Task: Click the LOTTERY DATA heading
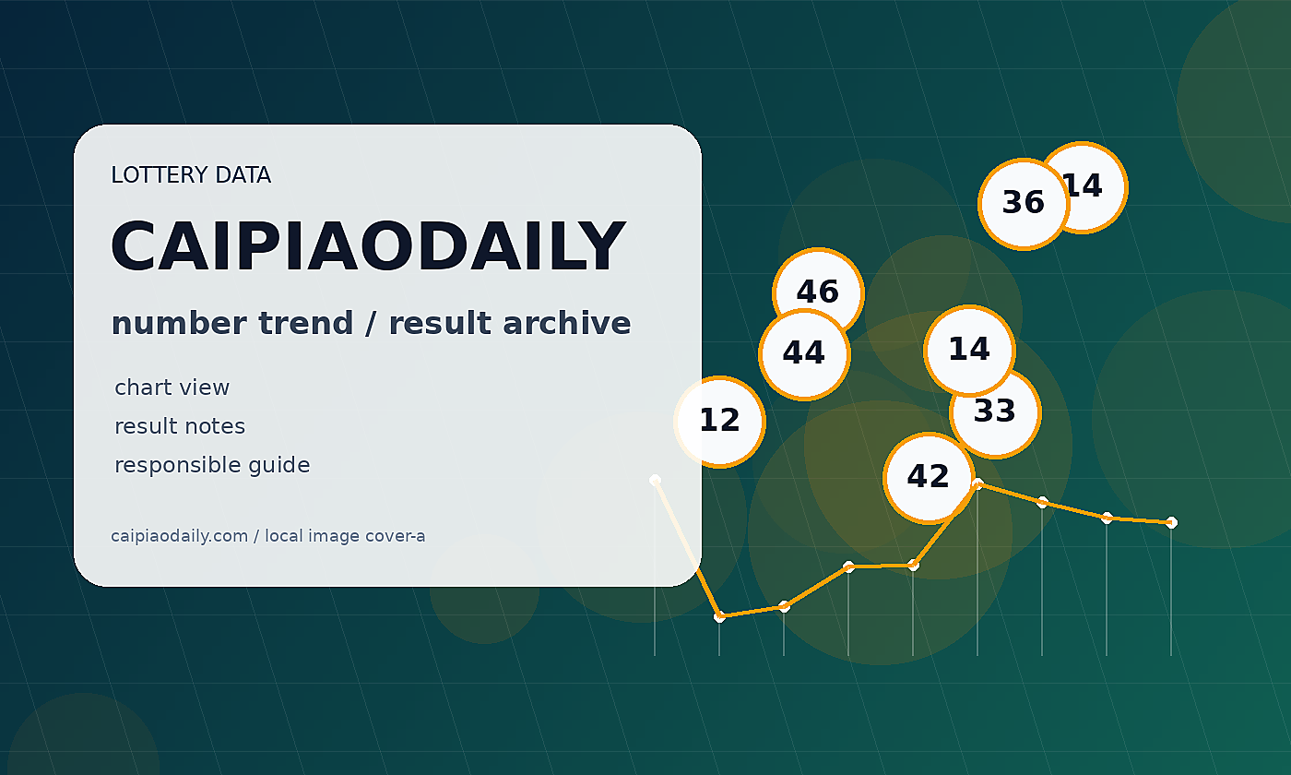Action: click(x=191, y=174)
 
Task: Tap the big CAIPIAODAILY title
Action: click(x=368, y=246)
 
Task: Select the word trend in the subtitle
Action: click(x=305, y=323)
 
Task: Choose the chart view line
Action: click(x=172, y=387)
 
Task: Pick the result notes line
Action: click(x=180, y=426)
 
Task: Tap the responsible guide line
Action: click(x=212, y=465)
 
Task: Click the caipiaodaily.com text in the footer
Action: click(x=179, y=536)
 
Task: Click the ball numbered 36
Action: click(x=1024, y=204)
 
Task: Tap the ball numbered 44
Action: click(x=804, y=354)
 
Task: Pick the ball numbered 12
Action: click(x=719, y=423)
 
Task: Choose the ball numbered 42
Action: click(x=930, y=478)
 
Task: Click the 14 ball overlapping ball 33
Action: click(x=969, y=351)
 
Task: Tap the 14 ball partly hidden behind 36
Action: click(x=1096, y=185)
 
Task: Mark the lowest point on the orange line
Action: click(x=719, y=617)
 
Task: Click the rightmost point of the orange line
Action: click(x=1171, y=522)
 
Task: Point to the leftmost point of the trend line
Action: click(x=655, y=480)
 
